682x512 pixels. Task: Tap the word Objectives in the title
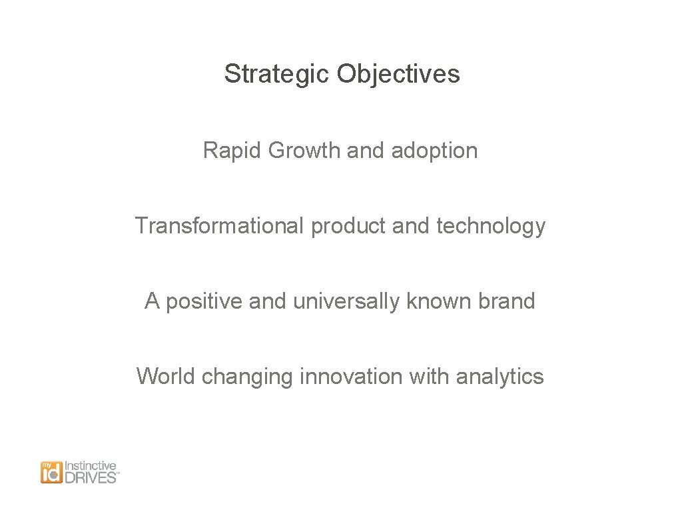[x=398, y=74]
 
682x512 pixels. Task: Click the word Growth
[x=304, y=151]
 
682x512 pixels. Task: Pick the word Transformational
[x=220, y=226]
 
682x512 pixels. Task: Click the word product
[x=348, y=227]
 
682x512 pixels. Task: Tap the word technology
[x=491, y=227]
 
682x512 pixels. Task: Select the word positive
[x=204, y=302]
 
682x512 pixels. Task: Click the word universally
[x=346, y=302]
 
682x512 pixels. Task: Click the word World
[x=166, y=377]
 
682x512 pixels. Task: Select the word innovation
[x=350, y=377]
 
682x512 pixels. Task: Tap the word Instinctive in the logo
[x=90, y=466]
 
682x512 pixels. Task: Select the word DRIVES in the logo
[x=90, y=477]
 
